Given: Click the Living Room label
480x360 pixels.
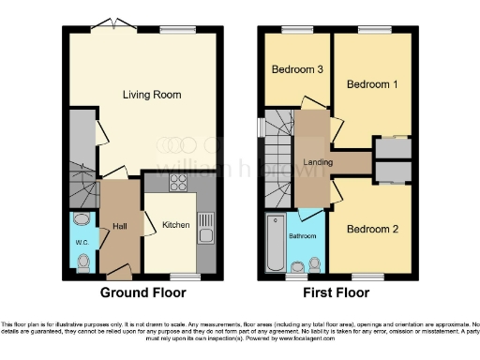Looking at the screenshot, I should pos(152,95).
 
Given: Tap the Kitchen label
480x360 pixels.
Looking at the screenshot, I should pos(176,225).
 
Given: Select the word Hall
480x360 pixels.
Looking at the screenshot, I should pos(120,225).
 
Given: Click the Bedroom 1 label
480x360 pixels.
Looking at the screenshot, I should pos(372,84).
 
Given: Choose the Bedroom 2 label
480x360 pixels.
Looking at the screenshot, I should pos(372,229).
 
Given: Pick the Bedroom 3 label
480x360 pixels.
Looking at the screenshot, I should pos(297,70).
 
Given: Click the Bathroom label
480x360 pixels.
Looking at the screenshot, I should pos(302,236).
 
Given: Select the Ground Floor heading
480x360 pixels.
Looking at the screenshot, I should pos(142,292).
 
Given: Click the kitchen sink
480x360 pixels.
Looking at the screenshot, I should pos(205,226).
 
